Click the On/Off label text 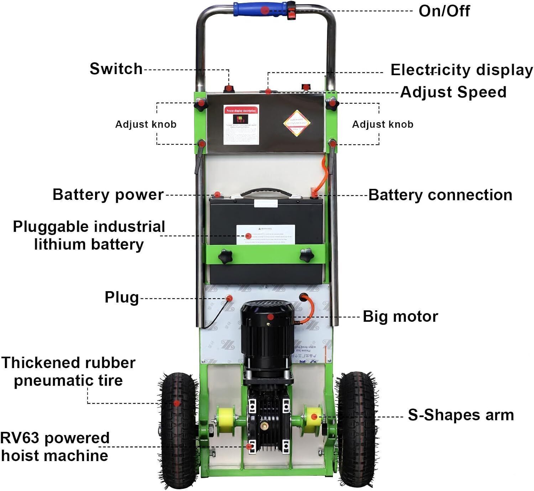click(x=444, y=11)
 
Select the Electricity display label click(x=461, y=70)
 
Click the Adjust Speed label click(x=453, y=92)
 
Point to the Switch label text click(x=116, y=69)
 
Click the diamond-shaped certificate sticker click(x=297, y=123)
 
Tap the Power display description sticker click(x=241, y=124)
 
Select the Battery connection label click(x=440, y=195)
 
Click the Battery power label click(x=108, y=195)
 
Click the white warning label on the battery click(x=266, y=234)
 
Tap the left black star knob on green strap click(x=225, y=256)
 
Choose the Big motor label click(x=400, y=316)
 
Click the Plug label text click(x=121, y=297)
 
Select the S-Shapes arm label click(x=461, y=415)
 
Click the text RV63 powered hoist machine click(x=54, y=446)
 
